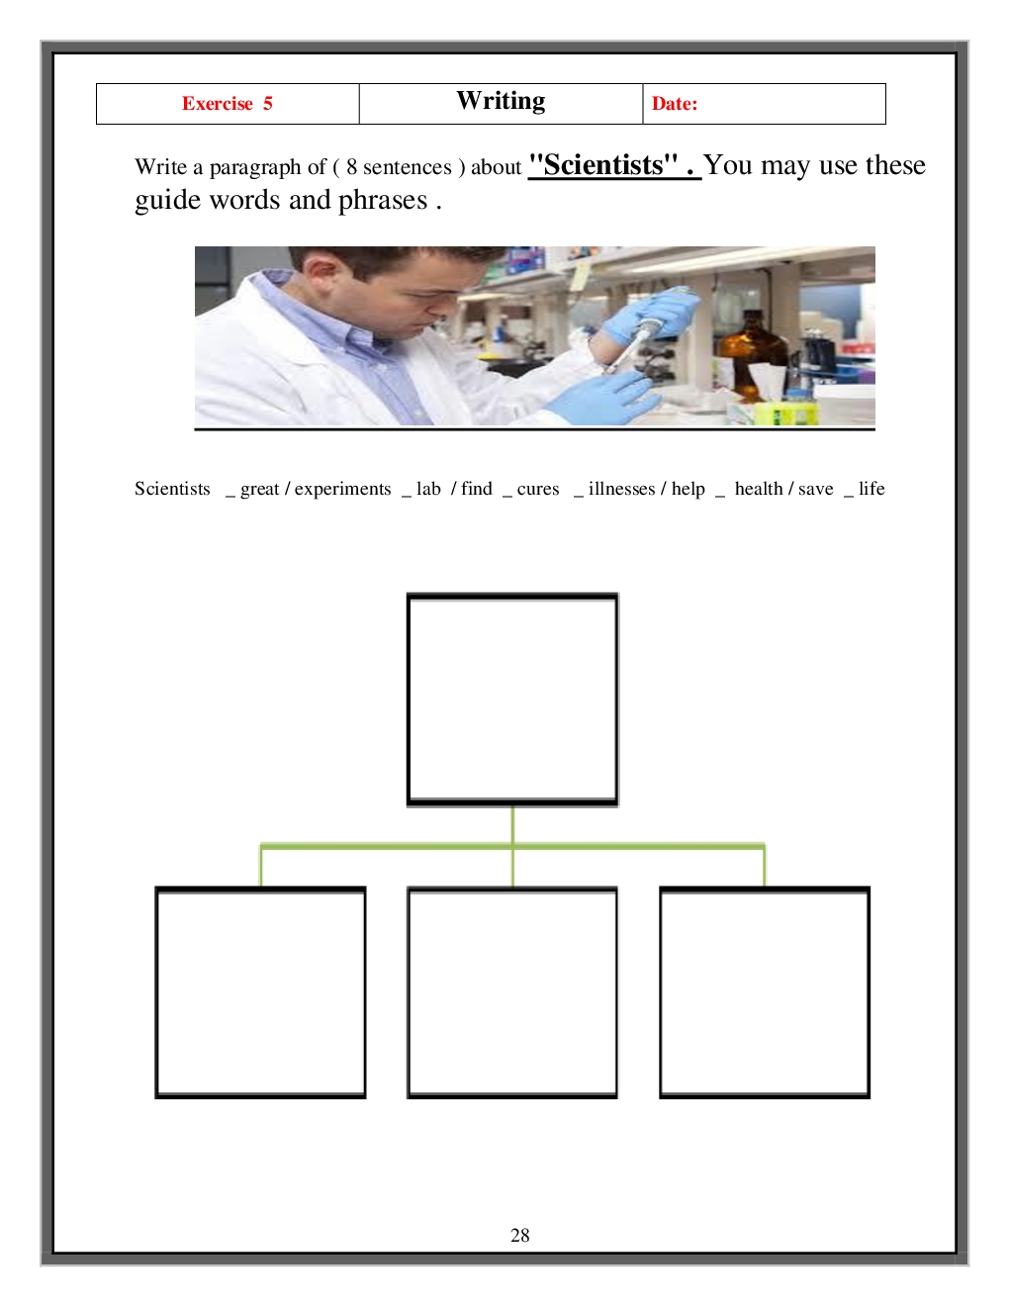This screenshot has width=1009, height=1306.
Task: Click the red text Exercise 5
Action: tap(228, 103)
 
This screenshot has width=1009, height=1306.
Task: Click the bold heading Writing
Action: tap(501, 101)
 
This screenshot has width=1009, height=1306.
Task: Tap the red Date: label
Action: tap(675, 103)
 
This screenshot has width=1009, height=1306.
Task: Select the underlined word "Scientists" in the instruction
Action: tap(603, 164)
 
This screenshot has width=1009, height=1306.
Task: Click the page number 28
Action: tap(519, 1230)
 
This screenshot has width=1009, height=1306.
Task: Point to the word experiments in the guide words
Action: tap(342, 489)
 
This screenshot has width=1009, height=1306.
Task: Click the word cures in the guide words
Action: tap(538, 489)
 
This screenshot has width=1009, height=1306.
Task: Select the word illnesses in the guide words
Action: tap(621, 488)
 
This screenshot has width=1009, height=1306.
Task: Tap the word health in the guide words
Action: tap(759, 488)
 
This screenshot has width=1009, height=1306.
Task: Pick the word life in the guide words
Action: tap(871, 488)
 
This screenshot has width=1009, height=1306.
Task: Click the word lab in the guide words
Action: tap(428, 488)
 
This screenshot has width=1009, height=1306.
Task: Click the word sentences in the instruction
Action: tap(408, 167)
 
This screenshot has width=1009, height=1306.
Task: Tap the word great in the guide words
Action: tap(259, 489)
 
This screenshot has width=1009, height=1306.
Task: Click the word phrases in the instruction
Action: tap(383, 201)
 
